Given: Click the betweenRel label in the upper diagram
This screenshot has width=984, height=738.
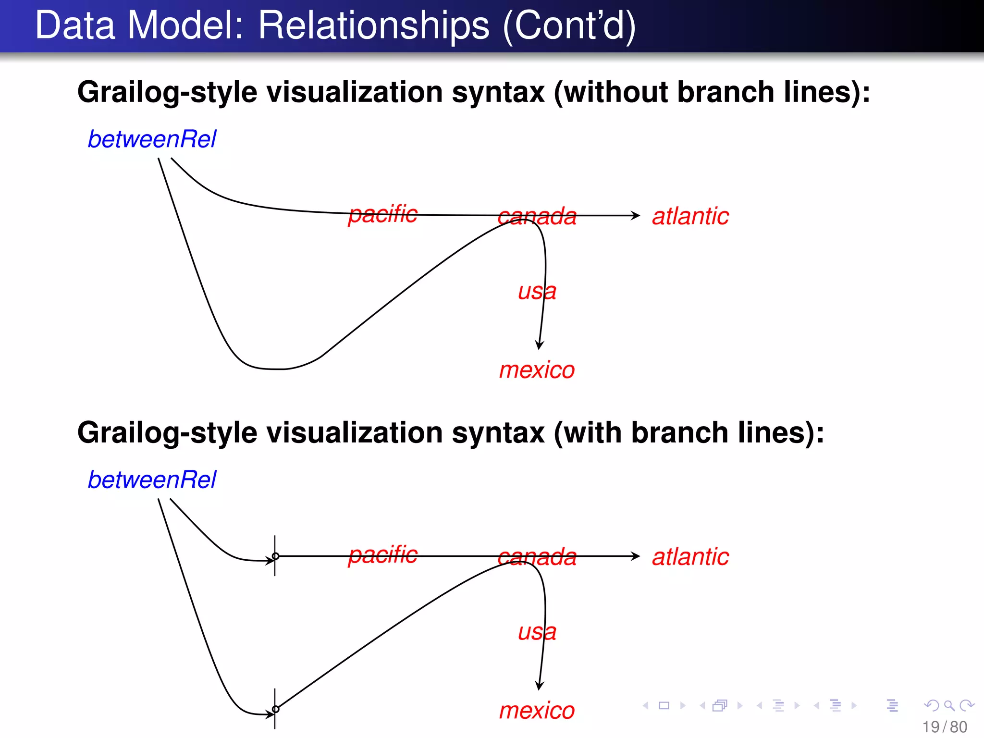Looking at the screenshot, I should (x=152, y=139).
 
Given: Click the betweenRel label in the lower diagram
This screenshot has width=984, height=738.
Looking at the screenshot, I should (x=152, y=480).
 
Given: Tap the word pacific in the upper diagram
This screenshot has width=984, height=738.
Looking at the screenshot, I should (x=383, y=214).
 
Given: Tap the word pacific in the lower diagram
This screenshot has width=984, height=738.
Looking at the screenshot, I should (x=383, y=554).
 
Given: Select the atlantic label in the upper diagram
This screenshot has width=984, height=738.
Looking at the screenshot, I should (x=690, y=216).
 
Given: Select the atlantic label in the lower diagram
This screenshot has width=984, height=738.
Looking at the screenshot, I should (x=690, y=557).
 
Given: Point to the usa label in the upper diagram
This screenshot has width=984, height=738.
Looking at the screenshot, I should (x=537, y=291).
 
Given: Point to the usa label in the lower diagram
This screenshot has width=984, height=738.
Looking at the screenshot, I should (x=537, y=632).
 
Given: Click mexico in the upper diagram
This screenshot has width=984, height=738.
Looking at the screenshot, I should (x=537, y=370).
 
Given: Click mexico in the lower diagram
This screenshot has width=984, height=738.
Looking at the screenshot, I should (x=537, y=711).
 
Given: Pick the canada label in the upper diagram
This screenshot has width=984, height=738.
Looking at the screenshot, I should (x=537, y=217).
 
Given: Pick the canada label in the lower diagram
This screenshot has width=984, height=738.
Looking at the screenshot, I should (x=537, y=557).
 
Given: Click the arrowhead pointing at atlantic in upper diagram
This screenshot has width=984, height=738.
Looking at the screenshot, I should (x=636, y=216).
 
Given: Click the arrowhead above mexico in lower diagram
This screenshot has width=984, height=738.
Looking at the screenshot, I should (x=540, y=686).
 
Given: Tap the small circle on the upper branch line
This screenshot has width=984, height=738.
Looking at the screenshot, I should (x=275, y=556).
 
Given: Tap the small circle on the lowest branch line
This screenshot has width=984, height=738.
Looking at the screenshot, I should (x=275, y=709).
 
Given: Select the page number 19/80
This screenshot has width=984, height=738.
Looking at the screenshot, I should (x=944, y=727).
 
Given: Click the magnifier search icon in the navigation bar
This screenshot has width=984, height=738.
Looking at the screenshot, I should (x=948, y=705).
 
